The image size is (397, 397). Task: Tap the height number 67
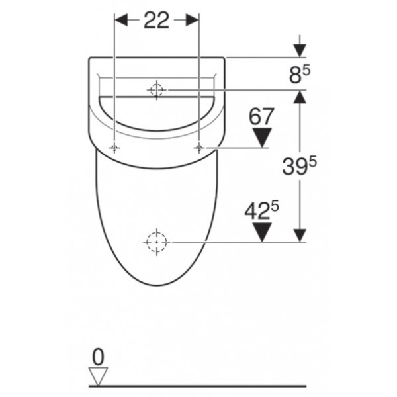click(262, 117)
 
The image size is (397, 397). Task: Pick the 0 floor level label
click(98, 357)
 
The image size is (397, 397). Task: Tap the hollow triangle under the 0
click(98, 376)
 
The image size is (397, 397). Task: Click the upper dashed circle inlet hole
click(157, 90)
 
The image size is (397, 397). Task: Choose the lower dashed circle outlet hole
click(157, 243)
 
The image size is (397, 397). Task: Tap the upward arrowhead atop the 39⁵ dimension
click(300, 97)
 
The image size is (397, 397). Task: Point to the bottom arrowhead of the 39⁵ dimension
click(300, 236)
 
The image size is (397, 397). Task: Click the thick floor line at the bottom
click(198, 386)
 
